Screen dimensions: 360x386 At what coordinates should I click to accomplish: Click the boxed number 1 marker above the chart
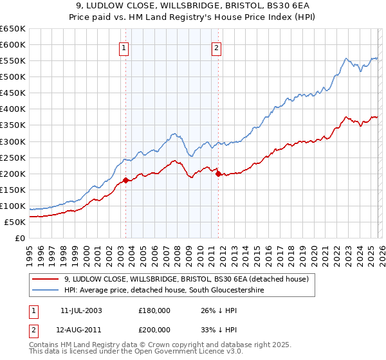pyautogui.click(x=124, y=47)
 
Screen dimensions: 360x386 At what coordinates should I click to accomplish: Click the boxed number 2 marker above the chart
pyautogui.click(x=217, y=47)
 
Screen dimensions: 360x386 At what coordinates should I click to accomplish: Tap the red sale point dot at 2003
pyautogui.click(x=125, y=180)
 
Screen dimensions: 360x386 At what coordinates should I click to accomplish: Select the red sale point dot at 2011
pyautogui.click(x=218, y=174)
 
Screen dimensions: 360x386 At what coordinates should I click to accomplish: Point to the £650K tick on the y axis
pyautogui.click(x=12, y=29)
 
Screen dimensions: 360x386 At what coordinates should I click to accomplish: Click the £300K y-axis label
pyautogui.click(x=12, y=141)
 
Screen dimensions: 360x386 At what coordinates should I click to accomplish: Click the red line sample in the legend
pyautogui.click(x=46, y=279)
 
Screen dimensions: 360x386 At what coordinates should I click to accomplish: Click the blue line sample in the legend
pyautogui.click(x=46, y=291)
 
